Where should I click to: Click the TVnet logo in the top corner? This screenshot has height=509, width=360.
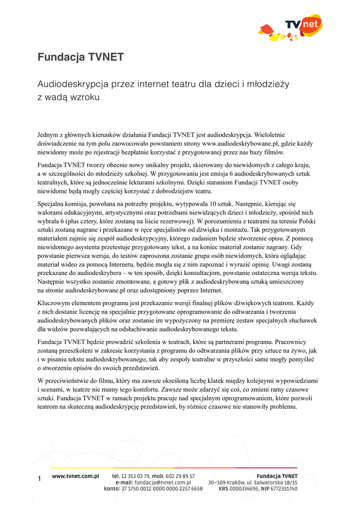pyautogui.click(x=290, y=28)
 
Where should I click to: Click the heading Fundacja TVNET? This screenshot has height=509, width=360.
pyautogui.click(x=81, y=57)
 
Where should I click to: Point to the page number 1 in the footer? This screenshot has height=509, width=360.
pyautogui.click(x=39, y=479)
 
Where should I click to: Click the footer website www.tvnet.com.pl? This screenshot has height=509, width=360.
pyautogui.click(x=75, y=476)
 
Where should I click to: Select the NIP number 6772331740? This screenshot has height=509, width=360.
pyautogui.click(x=284, y=489)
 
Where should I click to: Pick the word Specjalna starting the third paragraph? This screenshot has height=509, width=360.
pyautogui.click(x=52, y=203)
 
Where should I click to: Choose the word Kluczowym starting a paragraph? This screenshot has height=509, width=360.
pyautogui.click(x=55, y=303)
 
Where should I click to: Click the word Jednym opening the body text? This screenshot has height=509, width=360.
pyautogui.click(x=49, y=134)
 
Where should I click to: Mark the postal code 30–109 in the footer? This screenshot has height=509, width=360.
pyautogui.click(x=218, y=483)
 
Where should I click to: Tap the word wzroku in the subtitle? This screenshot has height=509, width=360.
pyautogui.click(x=85, y=97)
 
